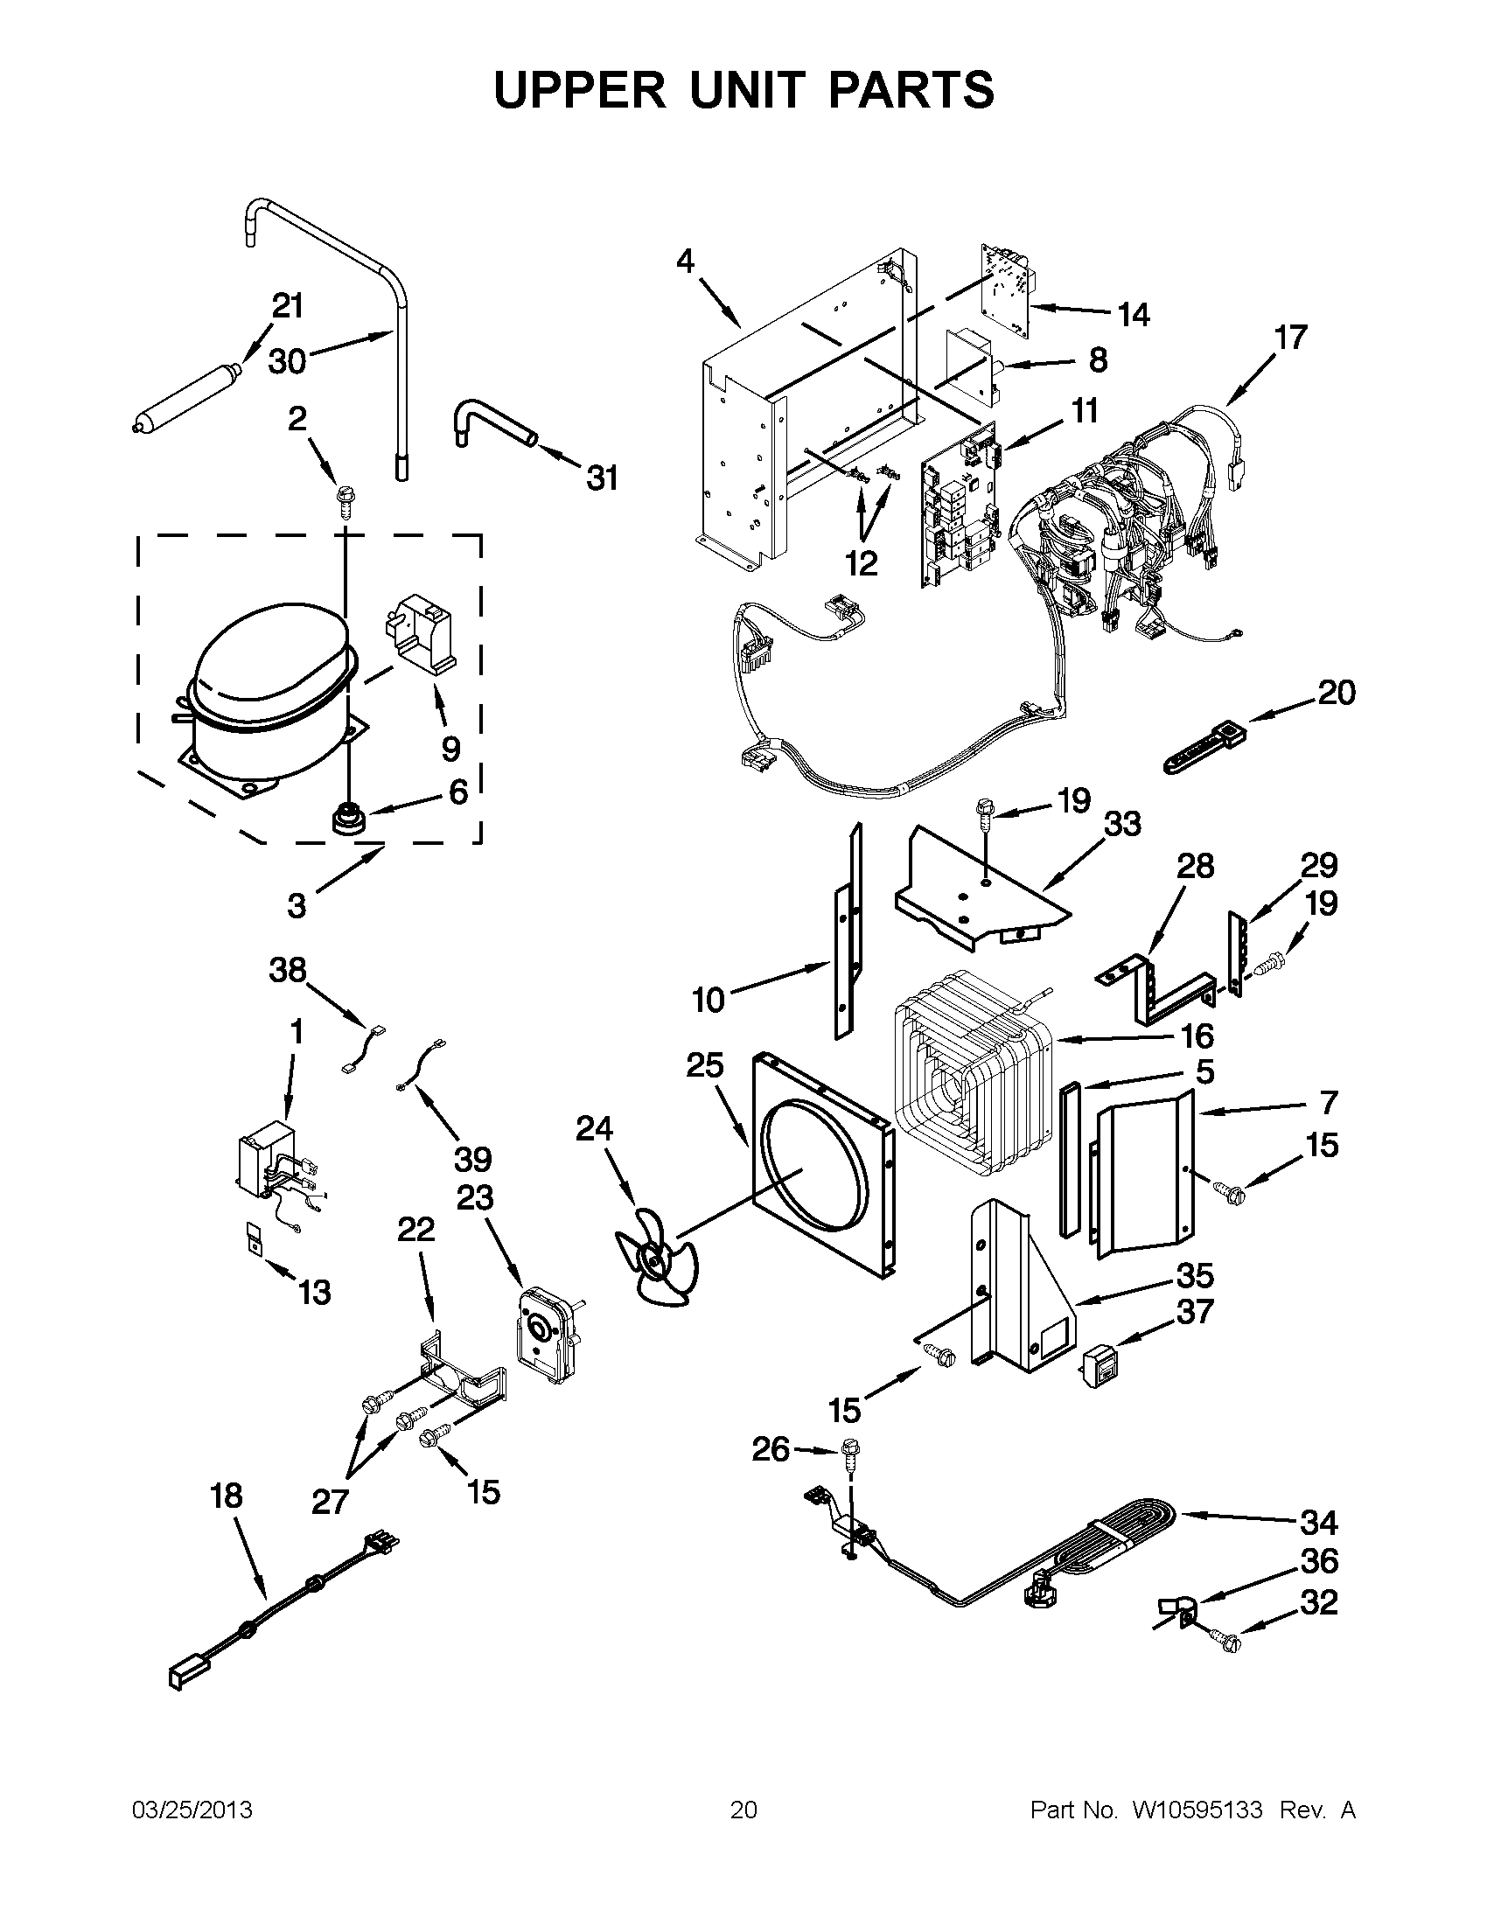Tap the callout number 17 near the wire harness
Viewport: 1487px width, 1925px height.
[1290, 338]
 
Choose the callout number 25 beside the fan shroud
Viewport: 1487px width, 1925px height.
[705, 1065]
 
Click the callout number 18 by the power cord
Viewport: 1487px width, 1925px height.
[227, 1496]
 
